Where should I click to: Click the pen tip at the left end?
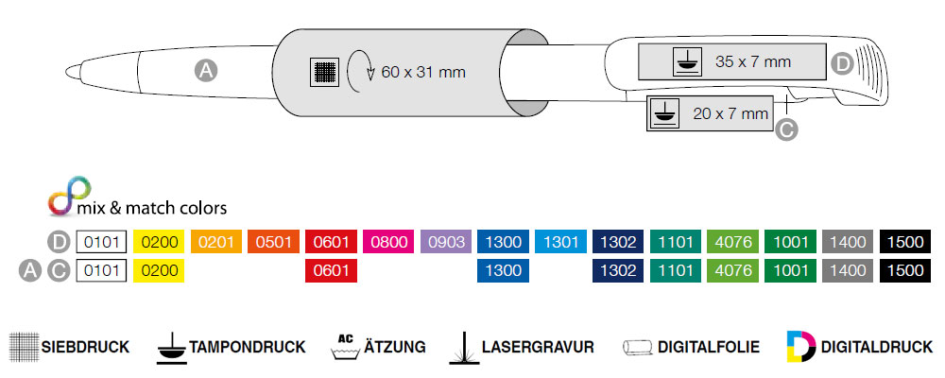click(x=72, y=70)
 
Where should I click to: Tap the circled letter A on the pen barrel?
click(x=205, y=69)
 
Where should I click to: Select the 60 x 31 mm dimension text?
click(x=423, y=72)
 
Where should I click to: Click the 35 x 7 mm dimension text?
click(x=752, y=62)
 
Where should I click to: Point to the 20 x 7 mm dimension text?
click(x=730, y=113)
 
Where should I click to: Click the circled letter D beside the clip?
click(x=844, y=63)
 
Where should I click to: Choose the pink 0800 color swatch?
click(x=389, y=242)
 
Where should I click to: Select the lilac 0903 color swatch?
click(x=446, y=242)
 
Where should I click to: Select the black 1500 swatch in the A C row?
click(x=906, y=271)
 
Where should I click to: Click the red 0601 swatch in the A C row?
click(x=332, y=271)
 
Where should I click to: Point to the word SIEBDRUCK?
click(x=85, y=347)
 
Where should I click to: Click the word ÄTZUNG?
click(x=394, y=347)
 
